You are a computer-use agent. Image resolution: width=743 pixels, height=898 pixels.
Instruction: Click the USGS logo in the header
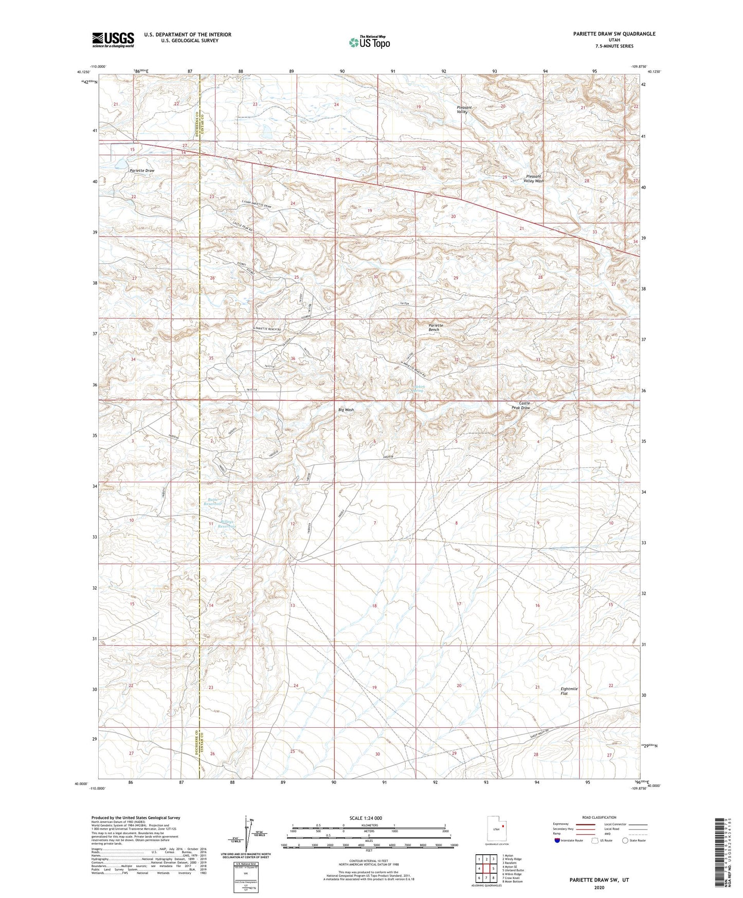pyautogui.click(x=113, y=39)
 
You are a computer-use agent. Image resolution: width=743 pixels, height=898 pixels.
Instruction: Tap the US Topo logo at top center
pyautogui.click(x=369, y=42)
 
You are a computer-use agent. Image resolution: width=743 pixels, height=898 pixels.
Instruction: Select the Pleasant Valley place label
pyautogui.click(x=464, y=110)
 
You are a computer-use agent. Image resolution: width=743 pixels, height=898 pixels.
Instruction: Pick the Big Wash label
pyautogui.click(x=346, y=410)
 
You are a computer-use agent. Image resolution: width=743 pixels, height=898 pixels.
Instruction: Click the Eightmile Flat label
pyautogui.click(x=569, y=691)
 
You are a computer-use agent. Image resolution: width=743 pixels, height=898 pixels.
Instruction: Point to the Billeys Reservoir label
pyautogui.click(x=227, y=525)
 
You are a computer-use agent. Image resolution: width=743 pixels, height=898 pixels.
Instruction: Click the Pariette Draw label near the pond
pyautogui.click(x=142, y=170)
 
